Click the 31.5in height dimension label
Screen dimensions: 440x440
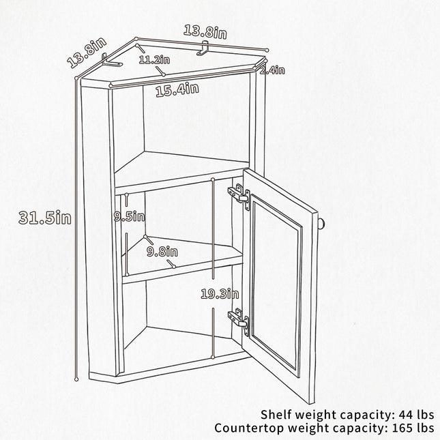point(45,218)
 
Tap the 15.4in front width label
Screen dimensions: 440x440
point(177,90)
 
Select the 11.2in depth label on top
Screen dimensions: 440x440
point(154,59)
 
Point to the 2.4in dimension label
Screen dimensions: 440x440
point(272,70)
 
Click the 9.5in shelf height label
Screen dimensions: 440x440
point(130,216)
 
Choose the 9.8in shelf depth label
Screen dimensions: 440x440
point(162,252)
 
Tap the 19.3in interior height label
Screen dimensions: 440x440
point(220,294)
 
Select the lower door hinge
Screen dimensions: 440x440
point(239,320)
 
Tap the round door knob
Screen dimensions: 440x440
point(322,224)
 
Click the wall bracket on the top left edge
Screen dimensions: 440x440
point(111,61)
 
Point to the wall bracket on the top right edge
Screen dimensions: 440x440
point(203,48)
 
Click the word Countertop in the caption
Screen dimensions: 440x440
point(250,428)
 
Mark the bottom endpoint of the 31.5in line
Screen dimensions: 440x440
point(76,380)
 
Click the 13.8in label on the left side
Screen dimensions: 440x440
point(87,53)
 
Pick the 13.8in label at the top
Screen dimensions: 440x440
point(205,32)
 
